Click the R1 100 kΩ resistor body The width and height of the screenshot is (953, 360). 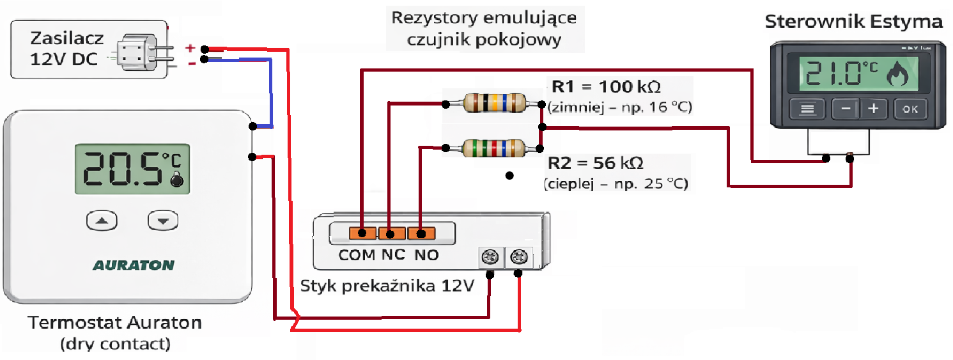494,102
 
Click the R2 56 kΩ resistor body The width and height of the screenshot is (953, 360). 493,148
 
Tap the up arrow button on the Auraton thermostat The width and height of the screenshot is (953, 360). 102,221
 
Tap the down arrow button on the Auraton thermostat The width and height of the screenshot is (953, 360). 163,221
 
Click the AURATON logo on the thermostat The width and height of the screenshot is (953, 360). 134,265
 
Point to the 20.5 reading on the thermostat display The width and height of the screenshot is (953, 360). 121,169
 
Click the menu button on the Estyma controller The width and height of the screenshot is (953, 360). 807,109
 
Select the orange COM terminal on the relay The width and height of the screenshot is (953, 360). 362,233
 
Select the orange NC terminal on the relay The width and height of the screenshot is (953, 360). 392,233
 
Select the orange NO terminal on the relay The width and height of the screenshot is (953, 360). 422,233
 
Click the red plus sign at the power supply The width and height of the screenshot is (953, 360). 190,48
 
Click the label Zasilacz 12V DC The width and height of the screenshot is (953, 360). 64,49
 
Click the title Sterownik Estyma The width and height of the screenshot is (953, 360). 853,22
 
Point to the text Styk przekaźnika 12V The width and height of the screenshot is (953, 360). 387,285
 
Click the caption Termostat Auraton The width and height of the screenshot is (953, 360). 115,323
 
